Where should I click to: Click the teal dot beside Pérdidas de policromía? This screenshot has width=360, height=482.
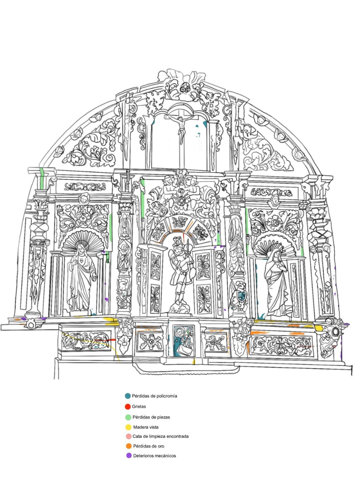[128, 396]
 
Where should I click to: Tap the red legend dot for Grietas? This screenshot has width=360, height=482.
[128, 407]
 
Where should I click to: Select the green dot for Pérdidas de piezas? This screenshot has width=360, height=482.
[128, 417]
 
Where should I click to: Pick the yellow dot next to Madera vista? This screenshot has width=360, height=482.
[128, 427]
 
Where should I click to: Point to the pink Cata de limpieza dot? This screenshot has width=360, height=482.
[128, 436]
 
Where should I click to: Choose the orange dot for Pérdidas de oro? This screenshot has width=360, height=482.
[129, 446]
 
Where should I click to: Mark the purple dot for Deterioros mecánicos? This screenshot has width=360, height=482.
[129, 456]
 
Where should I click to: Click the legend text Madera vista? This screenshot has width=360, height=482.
[146, 427]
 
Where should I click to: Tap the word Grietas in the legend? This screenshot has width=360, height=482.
[139, 406]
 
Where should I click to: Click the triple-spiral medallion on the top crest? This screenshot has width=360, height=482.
[184, 89]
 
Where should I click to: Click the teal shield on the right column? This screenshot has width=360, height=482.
[241, 296]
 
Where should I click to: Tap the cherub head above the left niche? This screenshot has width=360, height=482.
[84, 198]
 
